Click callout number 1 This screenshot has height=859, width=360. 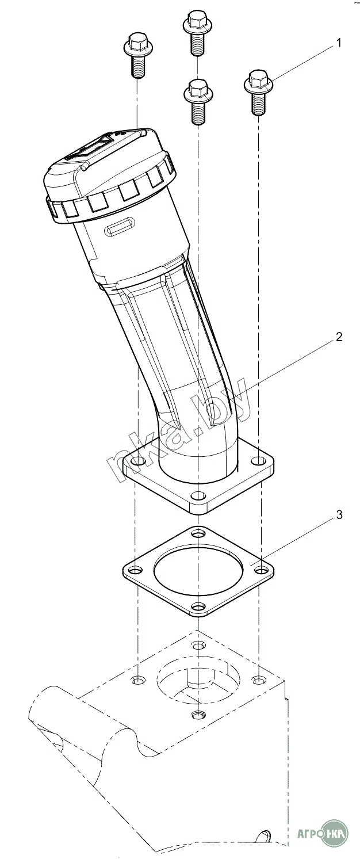click(x=338, y=43)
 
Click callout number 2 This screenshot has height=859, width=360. click(x=339, y=337)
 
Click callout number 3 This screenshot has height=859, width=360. click(x=339, y=514)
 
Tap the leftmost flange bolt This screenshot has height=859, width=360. click(x=137, y=55)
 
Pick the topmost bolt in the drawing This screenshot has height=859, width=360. click(x=197, y=33)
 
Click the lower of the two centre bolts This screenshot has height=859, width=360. click(x=198, y=101)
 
